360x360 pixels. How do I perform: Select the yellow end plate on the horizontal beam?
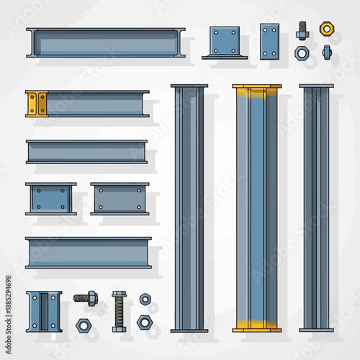coord(36,103)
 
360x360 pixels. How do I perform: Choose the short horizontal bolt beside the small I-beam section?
coord(85,297)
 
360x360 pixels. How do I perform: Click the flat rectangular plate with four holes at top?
coord(269,41)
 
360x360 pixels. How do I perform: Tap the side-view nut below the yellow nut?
coord(326,52)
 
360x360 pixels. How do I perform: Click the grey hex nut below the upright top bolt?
coord(302,53)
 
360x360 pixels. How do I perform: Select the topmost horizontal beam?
coord(106,42)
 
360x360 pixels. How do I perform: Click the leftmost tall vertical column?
coord(189,208)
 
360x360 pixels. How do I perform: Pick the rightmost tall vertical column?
coord(317,208)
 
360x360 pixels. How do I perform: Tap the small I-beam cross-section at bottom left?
coord(44,311)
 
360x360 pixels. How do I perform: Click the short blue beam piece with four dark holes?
coord(51,199)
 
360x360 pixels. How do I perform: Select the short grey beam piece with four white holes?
coord(120,199)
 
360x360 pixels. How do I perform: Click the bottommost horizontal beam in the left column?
coord(89,253)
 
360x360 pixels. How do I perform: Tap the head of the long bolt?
coord(119,294)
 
